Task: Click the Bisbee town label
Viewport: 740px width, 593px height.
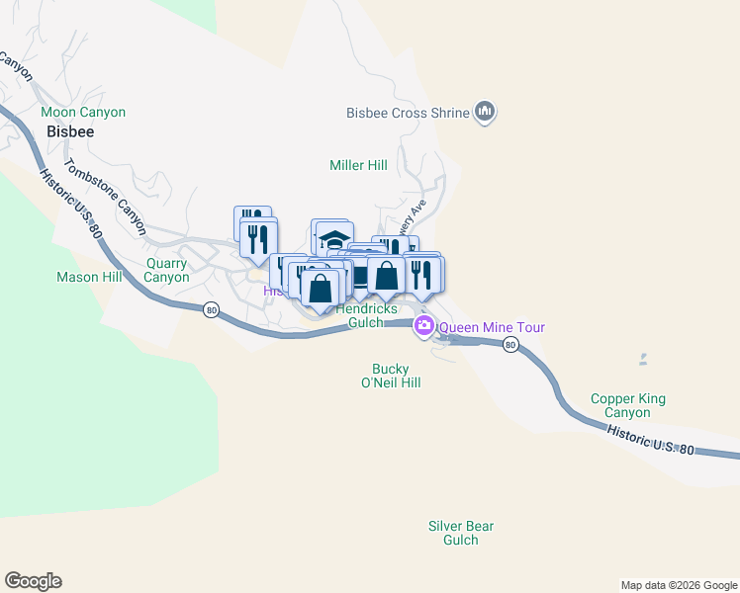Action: [x=69, y=131]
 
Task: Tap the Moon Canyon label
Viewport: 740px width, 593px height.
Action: [x=83, y=113]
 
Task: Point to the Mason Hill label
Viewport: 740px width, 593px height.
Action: [x=89, y=278]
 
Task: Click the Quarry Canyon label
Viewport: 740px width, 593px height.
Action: [x=166, y=270]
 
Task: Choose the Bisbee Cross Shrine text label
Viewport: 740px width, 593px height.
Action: [x=408, y=114]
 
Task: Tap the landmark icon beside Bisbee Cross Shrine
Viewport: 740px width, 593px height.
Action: [x=485, y=113]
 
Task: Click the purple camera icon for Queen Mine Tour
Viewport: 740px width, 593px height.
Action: [x=424, y=326]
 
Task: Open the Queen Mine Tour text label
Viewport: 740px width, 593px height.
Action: [x=492, y=327]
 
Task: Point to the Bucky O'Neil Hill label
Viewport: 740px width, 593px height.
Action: [x=391, y=376]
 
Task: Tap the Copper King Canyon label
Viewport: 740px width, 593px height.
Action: [x=628, y=405]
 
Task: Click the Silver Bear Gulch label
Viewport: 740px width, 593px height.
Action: [x=461, y=533]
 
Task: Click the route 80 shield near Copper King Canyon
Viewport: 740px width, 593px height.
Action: [x=509, y=344]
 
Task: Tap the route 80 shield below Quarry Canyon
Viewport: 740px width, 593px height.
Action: [x=211, y=310]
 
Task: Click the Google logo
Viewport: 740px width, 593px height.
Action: [x=33, y=581]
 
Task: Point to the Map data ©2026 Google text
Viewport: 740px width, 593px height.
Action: [x=678, y=585]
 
